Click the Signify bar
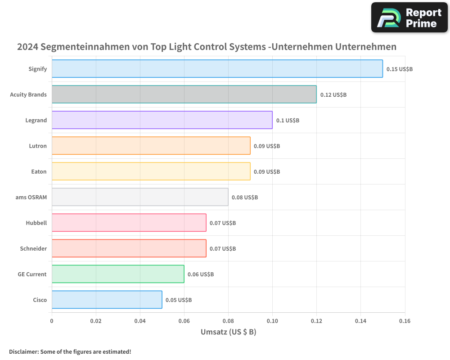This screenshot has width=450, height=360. tap(217, 69)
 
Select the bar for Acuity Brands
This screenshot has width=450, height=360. tap(184, 94)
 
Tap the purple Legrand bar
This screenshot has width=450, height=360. tap(162, 120)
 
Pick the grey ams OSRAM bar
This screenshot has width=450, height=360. tap(140, 197)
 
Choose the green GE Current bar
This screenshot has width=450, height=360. tap(118, 274)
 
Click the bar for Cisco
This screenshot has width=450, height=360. tap(107, 300)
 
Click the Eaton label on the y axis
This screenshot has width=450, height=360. tap(39, 171)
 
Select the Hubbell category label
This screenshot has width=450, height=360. tap(36, 223)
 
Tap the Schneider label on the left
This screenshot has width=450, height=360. tap(33, 248)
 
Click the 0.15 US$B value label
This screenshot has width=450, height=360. tap(399, 69)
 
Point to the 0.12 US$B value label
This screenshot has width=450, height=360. tap(333, 95)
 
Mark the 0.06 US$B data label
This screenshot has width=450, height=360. tap(201, 274)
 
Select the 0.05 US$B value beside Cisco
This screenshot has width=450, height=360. tap(179, 300)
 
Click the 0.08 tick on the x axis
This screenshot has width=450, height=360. tap(228, 321)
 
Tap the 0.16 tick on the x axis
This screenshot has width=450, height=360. tap(405, 321)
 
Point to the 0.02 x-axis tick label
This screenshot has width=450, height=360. tap(96, 321)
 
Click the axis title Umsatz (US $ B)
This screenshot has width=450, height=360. tap(228, 332)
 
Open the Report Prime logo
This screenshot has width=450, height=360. tap(409, 18)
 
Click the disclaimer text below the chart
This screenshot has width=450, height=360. tap(70, 351)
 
